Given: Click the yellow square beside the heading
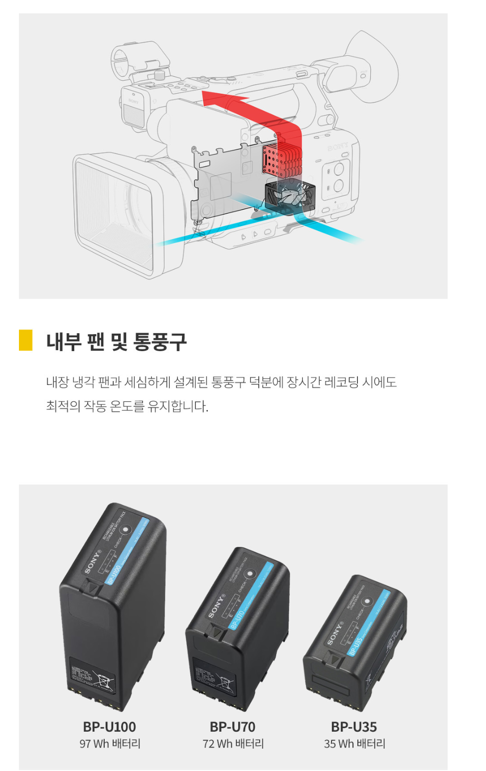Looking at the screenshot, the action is (25, 340).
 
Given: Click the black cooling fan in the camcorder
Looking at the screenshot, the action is (290, 196).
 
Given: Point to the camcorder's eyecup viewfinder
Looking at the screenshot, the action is (369, 67).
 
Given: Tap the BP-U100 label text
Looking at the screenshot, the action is (109, 727).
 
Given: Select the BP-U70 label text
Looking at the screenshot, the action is (232, 727).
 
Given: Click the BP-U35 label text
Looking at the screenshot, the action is (354, 727).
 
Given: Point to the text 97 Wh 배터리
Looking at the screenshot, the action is (110, 744).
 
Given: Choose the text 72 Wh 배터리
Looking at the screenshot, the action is (233, 744).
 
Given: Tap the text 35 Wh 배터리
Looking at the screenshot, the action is (354, 744).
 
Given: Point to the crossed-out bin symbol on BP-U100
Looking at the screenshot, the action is (104, 680).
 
